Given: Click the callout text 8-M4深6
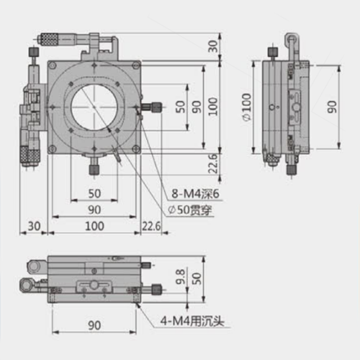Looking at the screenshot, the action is (x=195, y=194).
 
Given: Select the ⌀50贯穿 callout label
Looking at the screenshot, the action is (x=190, y=210).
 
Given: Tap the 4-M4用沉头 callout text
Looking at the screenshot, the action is (x=192, y=320).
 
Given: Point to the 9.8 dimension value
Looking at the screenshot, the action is (x=180, y=276).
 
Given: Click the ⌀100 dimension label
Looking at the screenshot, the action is (x=247, y=107).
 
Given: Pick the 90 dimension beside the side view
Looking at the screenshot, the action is (x=332, y=107).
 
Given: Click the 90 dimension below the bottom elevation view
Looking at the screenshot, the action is (x=94, y=325).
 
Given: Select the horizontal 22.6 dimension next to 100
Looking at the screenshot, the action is (x=151, y=226).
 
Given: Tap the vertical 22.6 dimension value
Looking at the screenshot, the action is (x=212, y=163).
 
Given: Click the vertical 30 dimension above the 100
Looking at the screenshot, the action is (x=212, y=46).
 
